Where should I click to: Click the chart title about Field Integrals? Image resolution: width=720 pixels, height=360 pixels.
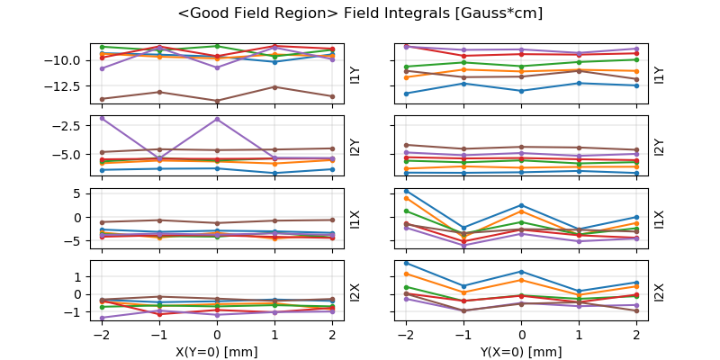click(x=360, y=13)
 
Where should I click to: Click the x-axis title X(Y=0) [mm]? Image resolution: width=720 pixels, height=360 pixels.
click(x=217, y=352)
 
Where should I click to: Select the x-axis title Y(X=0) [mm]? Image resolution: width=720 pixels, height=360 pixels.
click(x=521, y=352)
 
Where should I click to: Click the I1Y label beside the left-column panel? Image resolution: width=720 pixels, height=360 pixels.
click(x=355, y=74)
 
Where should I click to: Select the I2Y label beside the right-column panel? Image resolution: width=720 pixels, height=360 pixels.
click(x=659, y=146)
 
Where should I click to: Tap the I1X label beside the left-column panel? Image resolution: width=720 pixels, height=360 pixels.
click(x=355, y=218)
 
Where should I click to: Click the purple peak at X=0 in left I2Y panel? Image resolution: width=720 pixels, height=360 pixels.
click(x=217, y=119)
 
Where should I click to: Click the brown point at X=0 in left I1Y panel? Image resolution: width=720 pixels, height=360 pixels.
click(x=217, y=101)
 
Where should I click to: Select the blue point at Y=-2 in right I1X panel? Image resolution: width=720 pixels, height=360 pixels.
click(x=406, y=191)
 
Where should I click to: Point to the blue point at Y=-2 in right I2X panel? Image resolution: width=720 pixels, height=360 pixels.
click(x=406, y=263)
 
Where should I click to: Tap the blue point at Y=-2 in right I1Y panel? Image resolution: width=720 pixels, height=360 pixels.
click(x=406, y=94)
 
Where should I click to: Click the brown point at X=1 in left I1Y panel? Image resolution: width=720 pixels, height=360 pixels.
click(x=274, y=86)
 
